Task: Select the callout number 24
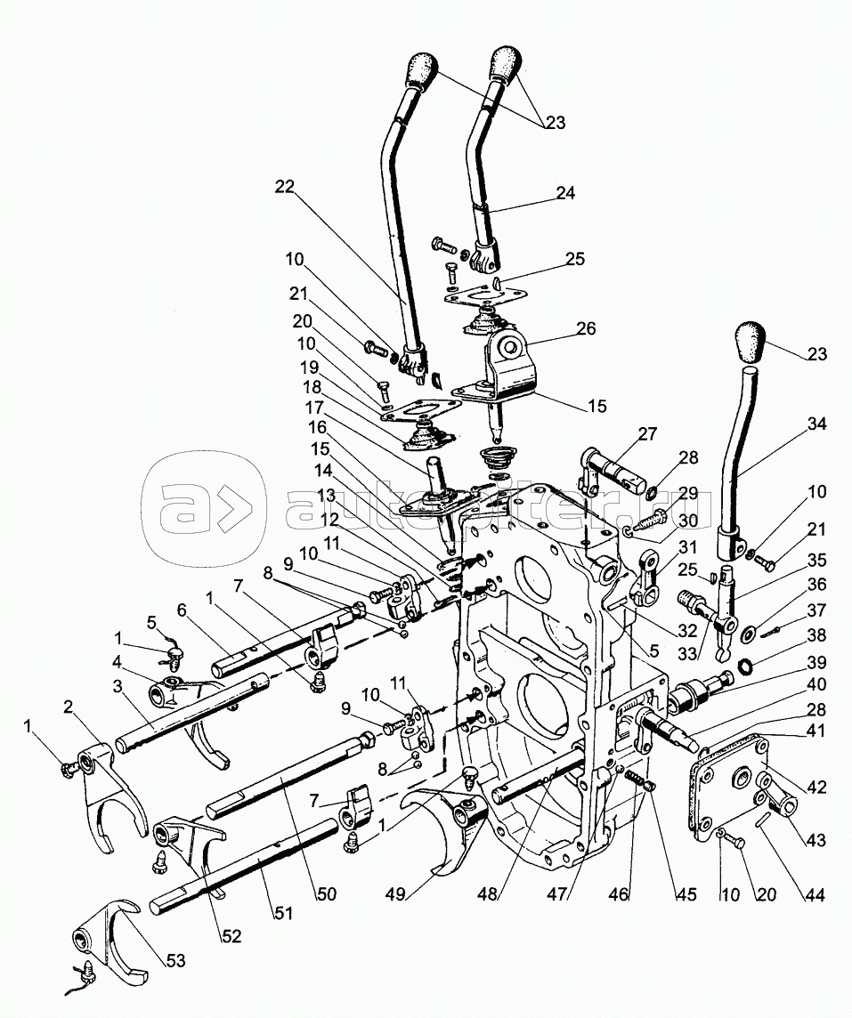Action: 566,192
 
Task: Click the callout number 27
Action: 647,433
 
